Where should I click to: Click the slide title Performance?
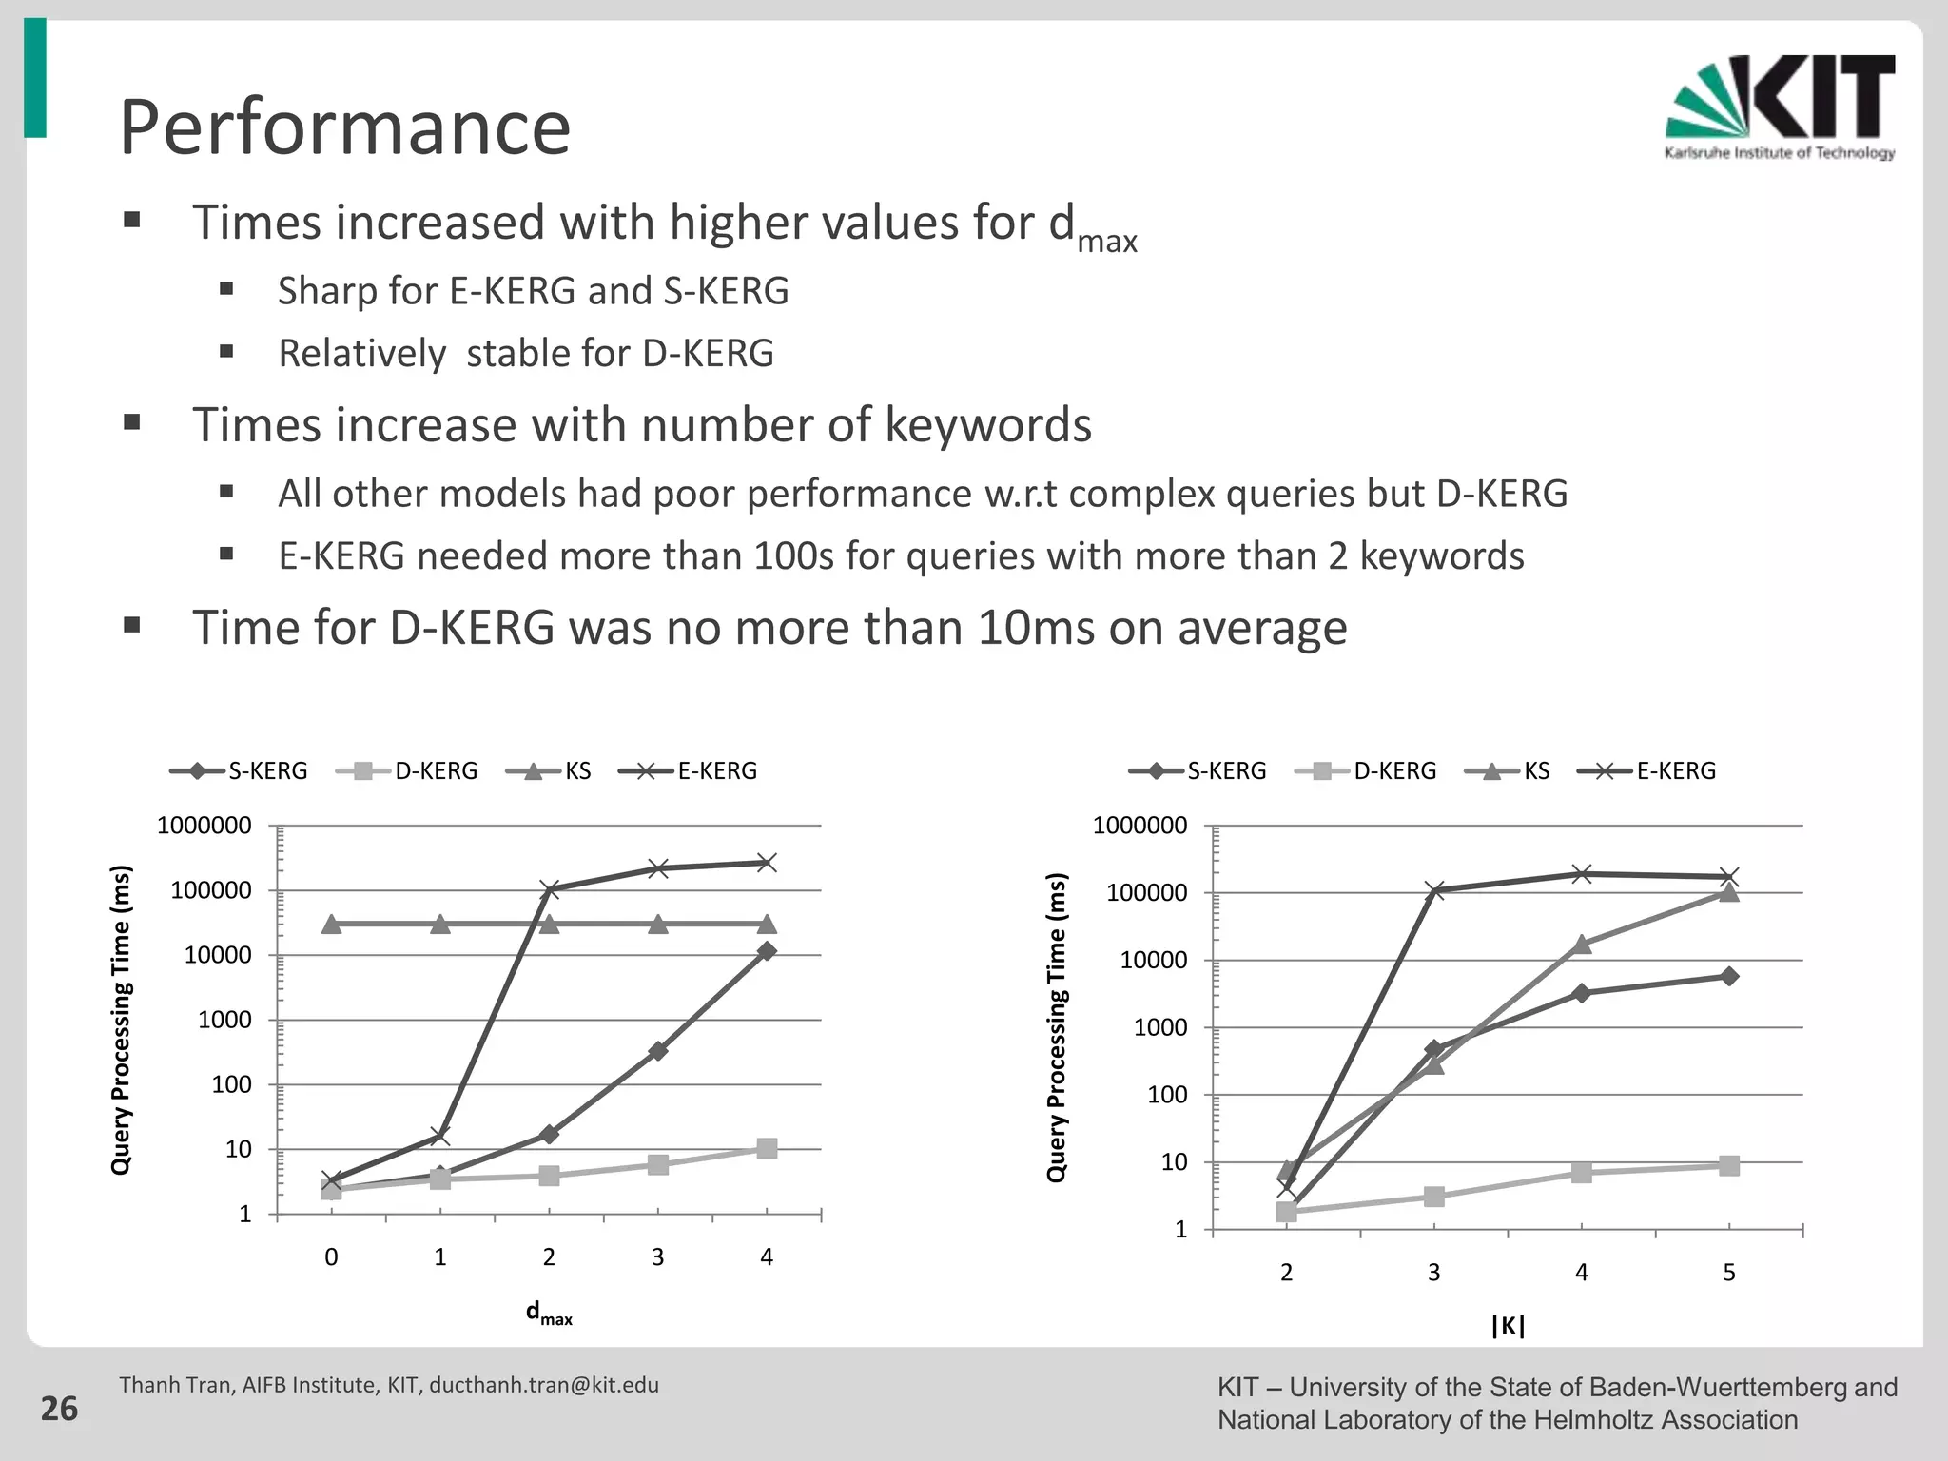tap(344, 127)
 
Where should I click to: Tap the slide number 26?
tap(59, 1409)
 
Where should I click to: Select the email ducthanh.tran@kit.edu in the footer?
tap(544, 1385)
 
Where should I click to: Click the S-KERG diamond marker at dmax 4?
tap(767, 951)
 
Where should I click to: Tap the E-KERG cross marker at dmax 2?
tap(549, 890)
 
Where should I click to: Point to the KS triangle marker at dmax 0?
tap(331, 924)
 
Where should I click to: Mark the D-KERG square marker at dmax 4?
tap(767, 1148)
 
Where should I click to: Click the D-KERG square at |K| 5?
tap(1729, 1166)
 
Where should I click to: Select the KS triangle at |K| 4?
tap(1582, 944)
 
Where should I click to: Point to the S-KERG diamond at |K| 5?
tap(1729, 977)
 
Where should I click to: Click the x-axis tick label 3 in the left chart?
tap(657, 1257)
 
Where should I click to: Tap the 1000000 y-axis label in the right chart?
tap(1140, 826)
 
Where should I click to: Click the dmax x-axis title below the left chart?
tap(549, 1315)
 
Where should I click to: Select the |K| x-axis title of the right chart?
tap(1508, 1326)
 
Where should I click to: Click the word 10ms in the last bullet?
tap(1036, 628)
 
